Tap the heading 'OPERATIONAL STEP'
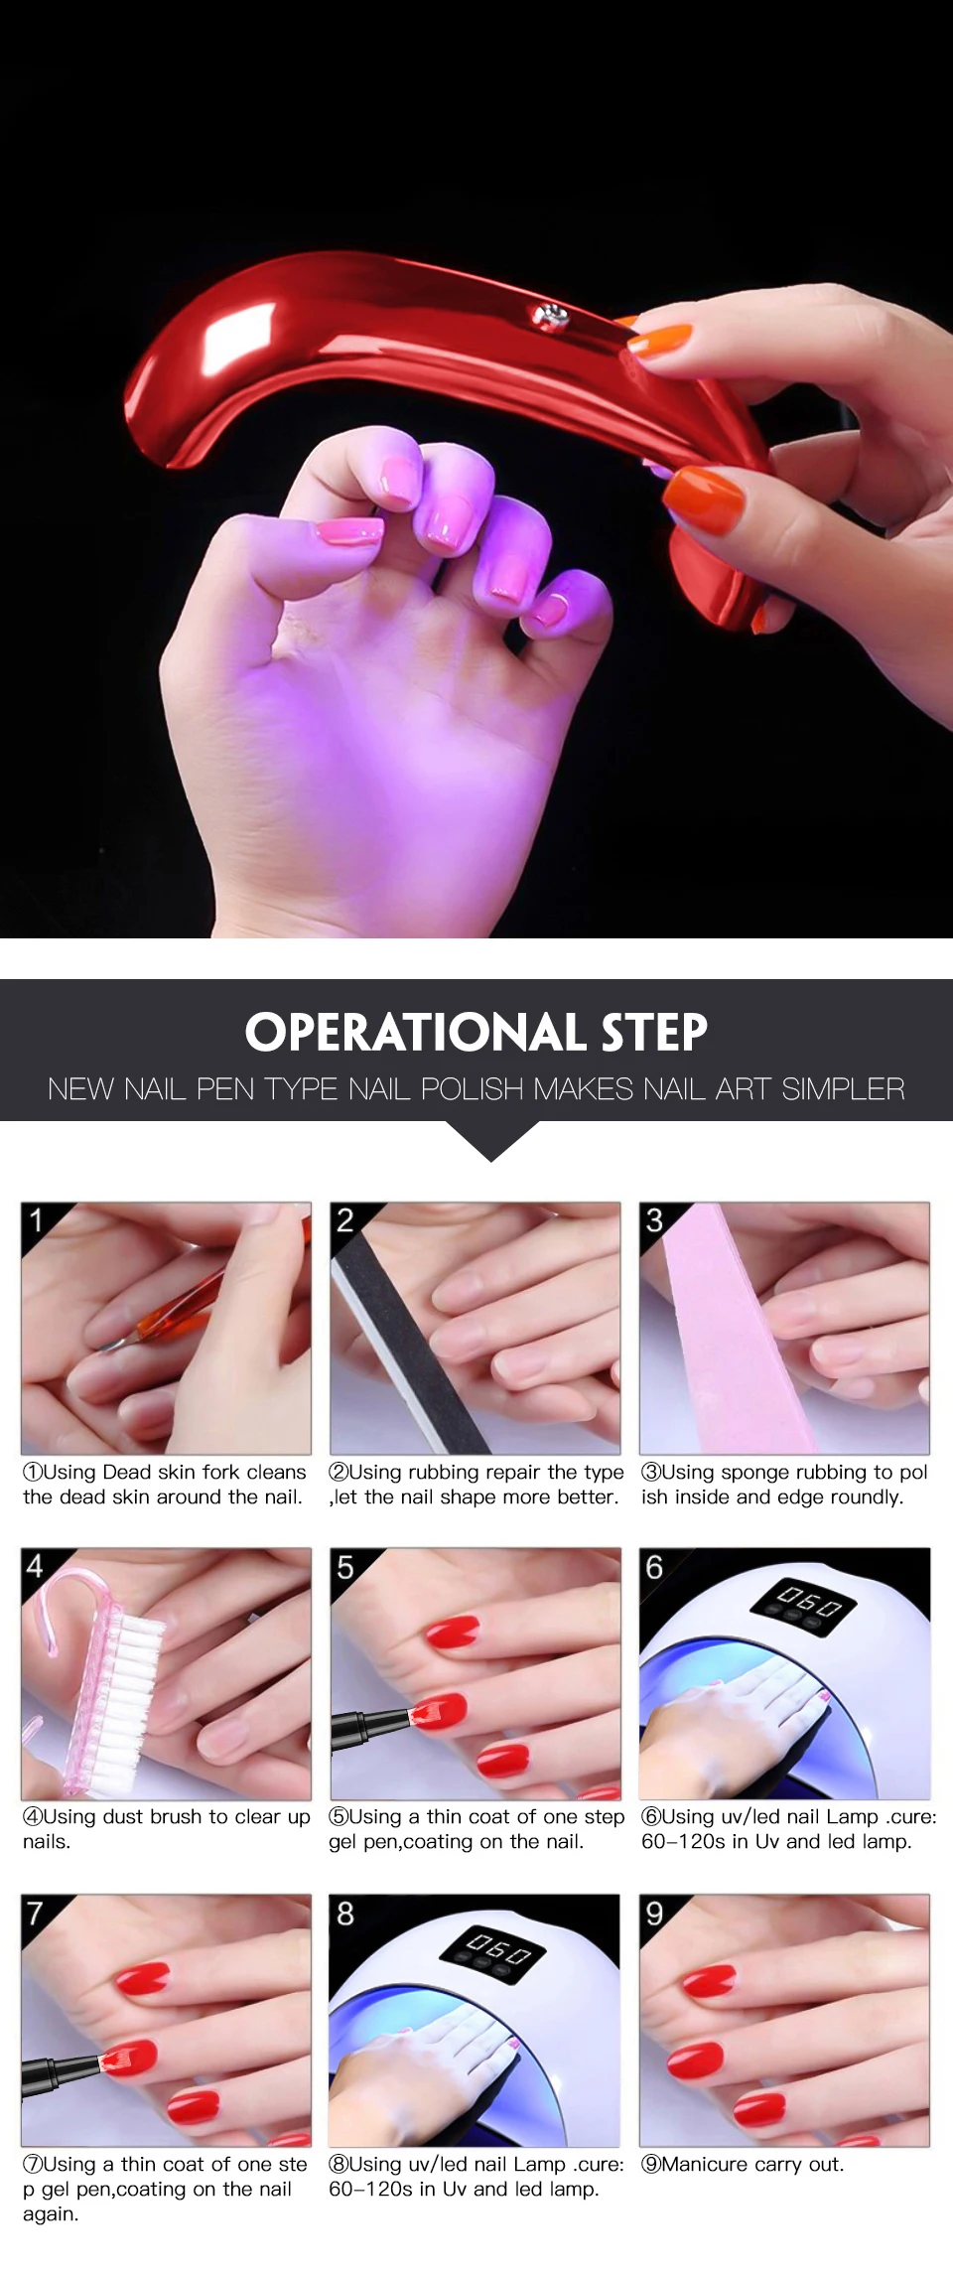tap(476, 1033)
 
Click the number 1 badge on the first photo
tap(37, 1219)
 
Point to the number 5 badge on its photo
tap(345, 1567)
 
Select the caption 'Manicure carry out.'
tap(743, 2164)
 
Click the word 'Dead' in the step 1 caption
tap(126, 1472)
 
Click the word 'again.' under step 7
tap(51, 2214)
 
